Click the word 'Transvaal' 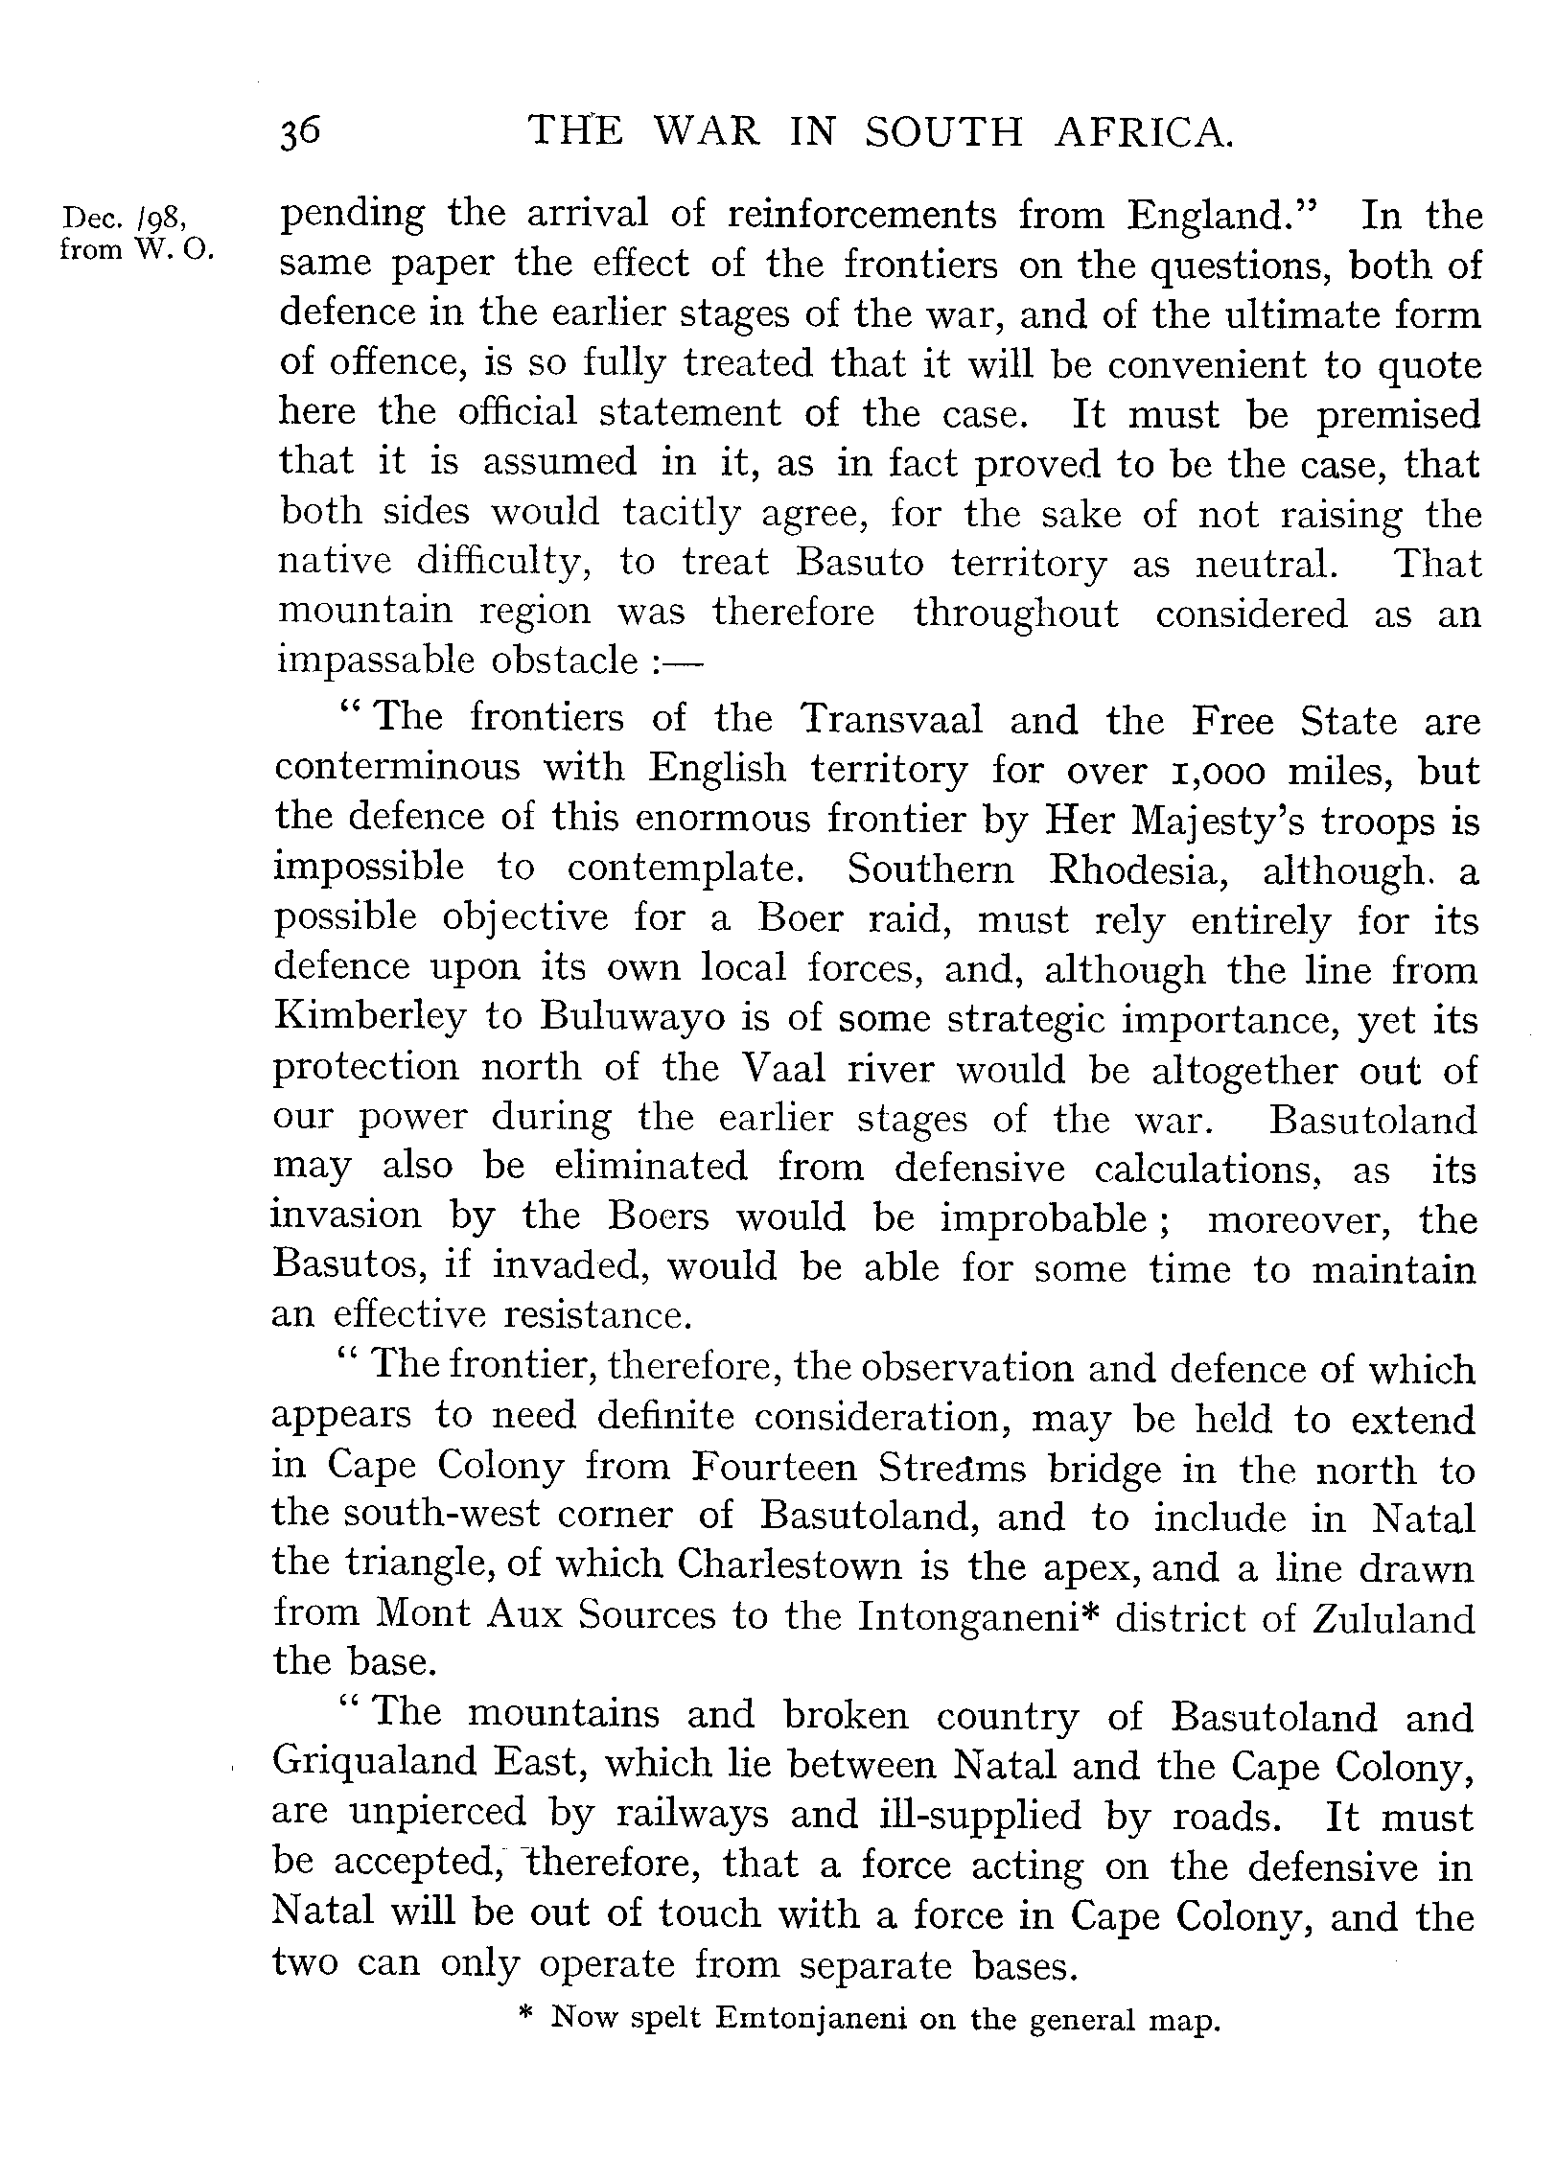click(x=892, y=718)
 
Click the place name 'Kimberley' click(x=366, y=1017)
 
